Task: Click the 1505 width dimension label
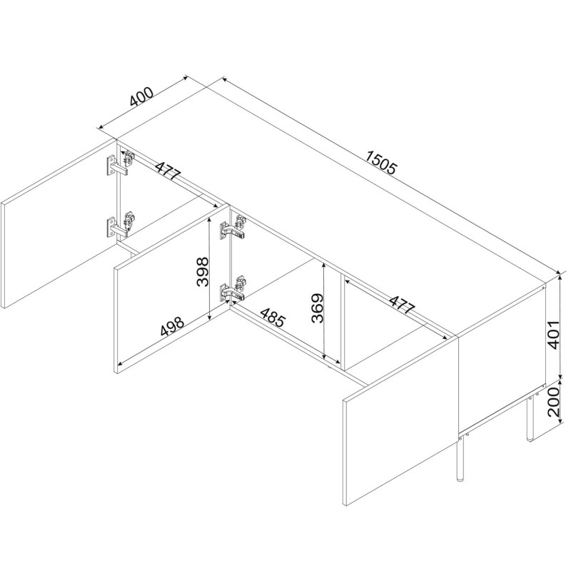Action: (x=380, y=163)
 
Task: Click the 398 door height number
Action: (x=202, y=272)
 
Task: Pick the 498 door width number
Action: (x=172, y=326)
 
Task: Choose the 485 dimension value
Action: (x=273, y=317)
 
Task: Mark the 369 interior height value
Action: (x=317, y=308)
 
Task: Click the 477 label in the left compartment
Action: (x=168, y=169)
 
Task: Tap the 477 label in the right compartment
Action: (x=402, y=304)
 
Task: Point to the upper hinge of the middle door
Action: (x=233, y=228)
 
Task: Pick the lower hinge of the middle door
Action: (x=233, y=289)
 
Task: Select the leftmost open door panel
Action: (x=59, y=223)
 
